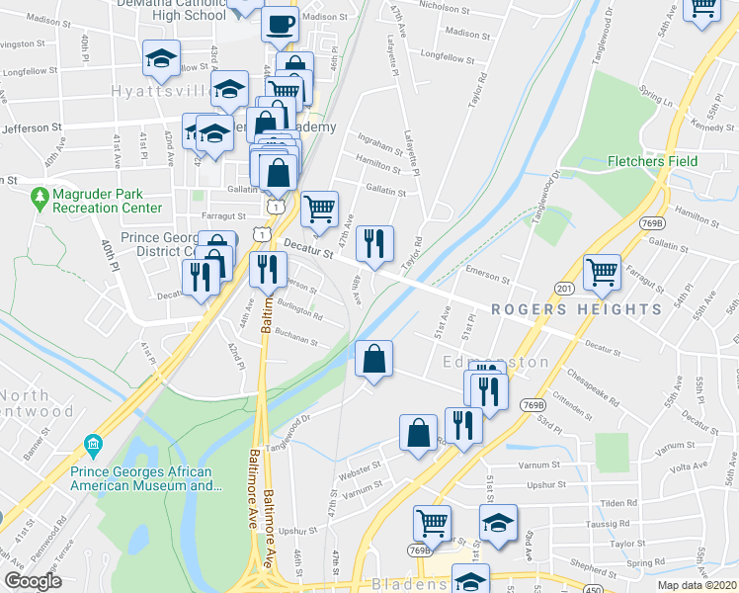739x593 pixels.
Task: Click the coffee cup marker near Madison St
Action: [280, 23]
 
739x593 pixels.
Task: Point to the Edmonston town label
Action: [496, 363]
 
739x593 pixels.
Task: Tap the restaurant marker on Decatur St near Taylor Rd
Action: [374, 243]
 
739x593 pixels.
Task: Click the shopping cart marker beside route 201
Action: [602, 271]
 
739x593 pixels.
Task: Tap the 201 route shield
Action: [563, 288]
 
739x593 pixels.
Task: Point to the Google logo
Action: [33, 581]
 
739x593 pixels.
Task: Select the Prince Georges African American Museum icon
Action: [94, 443]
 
